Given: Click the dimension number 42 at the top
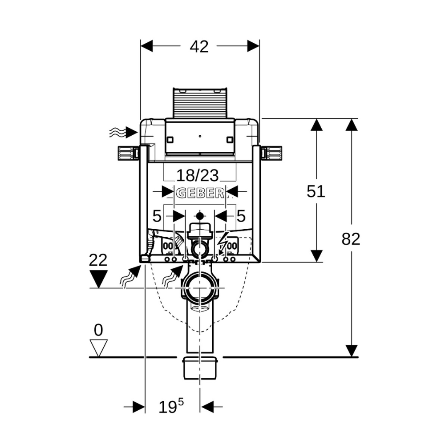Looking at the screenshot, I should click(x=199, y=46).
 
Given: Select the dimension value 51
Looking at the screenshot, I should click(x=316, y=191).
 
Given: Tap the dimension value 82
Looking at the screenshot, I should click(x=351, y=239).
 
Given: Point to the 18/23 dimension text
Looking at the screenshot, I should click(x=198, y=175).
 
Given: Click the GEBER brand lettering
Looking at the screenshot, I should click(x=200, y=193).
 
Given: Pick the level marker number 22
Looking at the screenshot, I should click(x=98, y=260).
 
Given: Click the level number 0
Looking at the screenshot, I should click(x=98, y=330).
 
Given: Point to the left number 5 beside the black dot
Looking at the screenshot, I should click(x=157, y=216).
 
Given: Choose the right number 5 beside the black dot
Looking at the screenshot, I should click(x=241, y=216).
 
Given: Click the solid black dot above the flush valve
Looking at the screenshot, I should click(x=200, y=217).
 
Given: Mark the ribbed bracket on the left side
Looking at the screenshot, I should click(x=126, y=153).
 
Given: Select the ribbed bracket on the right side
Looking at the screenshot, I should click(x=272, y=153).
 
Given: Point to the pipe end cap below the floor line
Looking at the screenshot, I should click(x=200, y=367).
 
